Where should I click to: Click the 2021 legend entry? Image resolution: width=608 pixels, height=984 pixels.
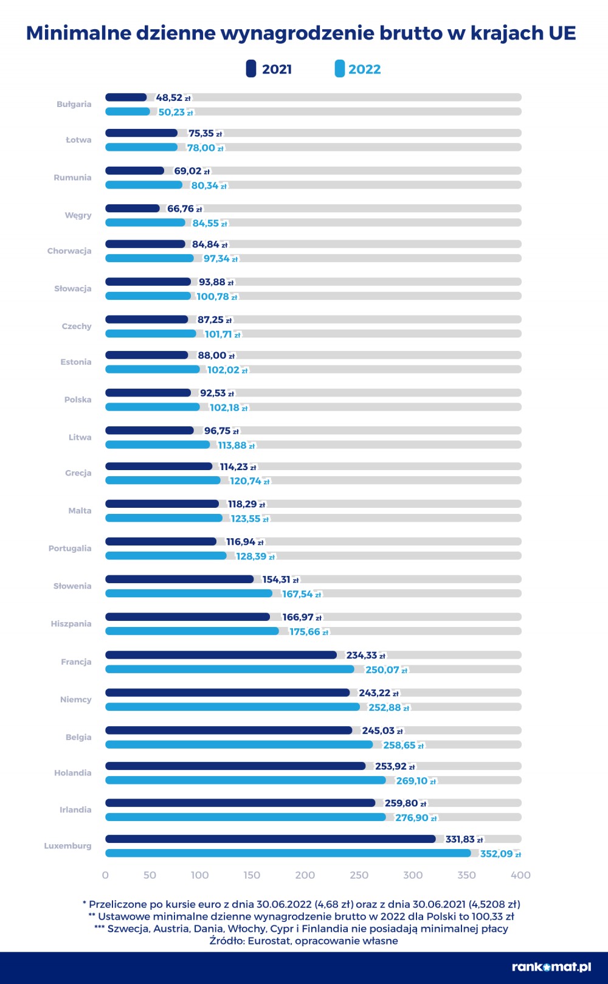[x=269, y=69]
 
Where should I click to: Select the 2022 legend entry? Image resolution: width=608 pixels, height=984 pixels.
[x=358, y=69]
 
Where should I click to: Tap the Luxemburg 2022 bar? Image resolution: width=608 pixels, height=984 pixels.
[x=288, y=853]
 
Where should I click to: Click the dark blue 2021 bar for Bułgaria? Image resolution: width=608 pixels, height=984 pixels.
[x=126, y=97]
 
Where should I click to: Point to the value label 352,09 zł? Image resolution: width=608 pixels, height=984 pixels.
[x=500, y=854]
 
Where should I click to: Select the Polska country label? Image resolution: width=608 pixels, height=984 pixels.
[x=78, y=400]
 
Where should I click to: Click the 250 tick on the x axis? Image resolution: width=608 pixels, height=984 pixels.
[x=359, y=875]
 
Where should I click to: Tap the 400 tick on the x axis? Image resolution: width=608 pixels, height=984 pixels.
[x=520, y=875]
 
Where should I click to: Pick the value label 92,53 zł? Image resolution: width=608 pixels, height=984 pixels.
[x=217, y=393]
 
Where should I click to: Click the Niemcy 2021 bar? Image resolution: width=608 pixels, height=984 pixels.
[x=227, y=693]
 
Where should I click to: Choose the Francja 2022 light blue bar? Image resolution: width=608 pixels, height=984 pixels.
[x=230, y=669]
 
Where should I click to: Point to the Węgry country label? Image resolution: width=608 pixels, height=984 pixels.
[x=78, y=215]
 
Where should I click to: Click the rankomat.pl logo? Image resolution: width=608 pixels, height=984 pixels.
[x=551, y=967]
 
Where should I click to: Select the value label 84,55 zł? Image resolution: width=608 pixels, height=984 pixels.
[x=210, y=223]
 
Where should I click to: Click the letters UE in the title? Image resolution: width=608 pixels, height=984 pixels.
[x=562, y=33]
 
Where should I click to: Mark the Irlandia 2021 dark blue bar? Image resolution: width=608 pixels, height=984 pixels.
[x=240, y=803]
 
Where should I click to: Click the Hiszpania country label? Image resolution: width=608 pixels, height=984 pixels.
[x=71, y=624]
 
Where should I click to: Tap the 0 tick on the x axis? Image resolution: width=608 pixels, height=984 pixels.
[x=105, y=875]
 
